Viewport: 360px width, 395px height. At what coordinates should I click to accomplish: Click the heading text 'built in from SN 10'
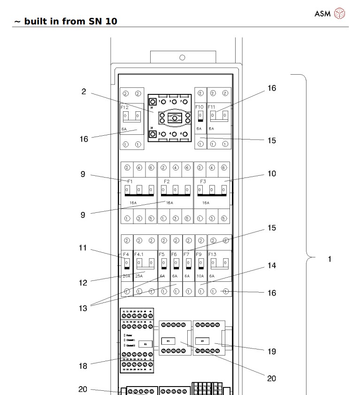pos(70,21)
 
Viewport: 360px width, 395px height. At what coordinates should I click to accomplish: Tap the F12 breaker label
pos(124,107)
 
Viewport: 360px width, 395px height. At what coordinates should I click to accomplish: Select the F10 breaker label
pos(199,107)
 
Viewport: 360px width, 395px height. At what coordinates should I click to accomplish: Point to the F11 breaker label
pos(212,107)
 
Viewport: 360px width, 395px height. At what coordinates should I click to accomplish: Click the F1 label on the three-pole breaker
pos(130,181)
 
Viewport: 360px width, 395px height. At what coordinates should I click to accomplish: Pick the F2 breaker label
pos(167,181)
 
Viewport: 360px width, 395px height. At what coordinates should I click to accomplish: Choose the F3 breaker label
pos(203,181)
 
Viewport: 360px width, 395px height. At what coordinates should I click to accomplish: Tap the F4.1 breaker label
pos(139,254)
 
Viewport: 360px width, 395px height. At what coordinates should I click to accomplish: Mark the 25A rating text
pos(139,276)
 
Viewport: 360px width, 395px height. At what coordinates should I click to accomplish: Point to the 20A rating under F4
pos(126,276)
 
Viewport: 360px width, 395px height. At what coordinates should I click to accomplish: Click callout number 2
pos(84,92)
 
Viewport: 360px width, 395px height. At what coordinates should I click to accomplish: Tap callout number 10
pos(272,174)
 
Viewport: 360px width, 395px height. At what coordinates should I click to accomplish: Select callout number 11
pos(83,248)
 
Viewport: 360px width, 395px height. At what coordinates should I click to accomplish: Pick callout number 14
pos(272,265)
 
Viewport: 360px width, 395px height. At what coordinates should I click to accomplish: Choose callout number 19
pos(272,351)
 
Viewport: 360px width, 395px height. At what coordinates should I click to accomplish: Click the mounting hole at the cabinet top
pos(182,57)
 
